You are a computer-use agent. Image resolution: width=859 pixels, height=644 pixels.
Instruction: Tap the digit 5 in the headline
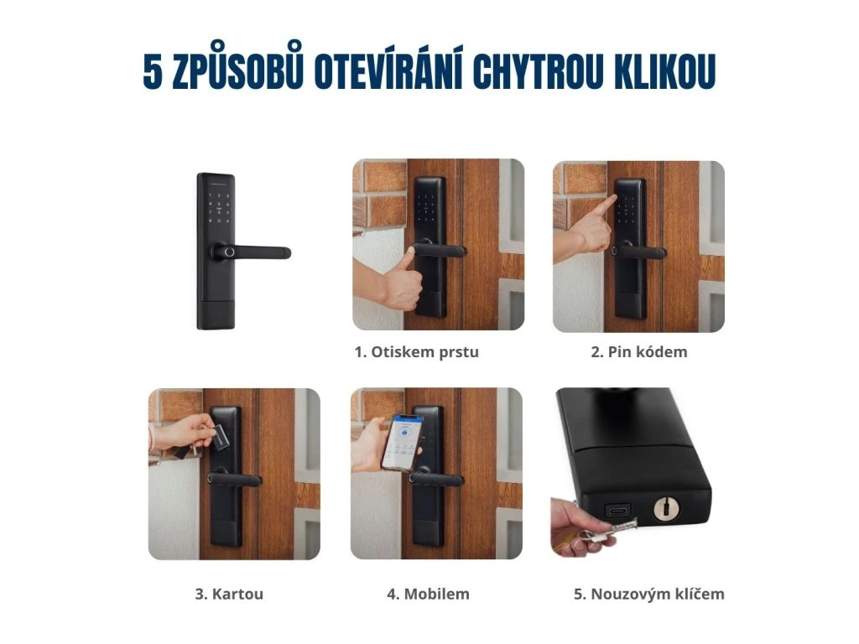point(153,72)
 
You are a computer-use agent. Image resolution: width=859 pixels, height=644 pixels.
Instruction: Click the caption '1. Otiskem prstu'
point(416,351)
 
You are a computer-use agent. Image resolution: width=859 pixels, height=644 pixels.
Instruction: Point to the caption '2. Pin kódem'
point(638,351)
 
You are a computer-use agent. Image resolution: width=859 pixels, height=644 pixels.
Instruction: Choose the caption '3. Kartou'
point(229,594)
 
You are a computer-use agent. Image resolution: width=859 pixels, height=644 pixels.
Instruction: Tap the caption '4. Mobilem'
point(428,594)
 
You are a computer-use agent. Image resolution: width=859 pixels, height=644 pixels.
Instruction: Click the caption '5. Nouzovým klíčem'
point(649,594)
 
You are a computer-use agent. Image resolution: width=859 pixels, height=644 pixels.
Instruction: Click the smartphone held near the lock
point(402,443)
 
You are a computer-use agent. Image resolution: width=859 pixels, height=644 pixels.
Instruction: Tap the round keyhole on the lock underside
point(666,509)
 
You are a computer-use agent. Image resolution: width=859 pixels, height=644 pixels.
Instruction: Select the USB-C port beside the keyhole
point(617,512)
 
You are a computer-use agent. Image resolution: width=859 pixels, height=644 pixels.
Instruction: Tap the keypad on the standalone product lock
point(219,208)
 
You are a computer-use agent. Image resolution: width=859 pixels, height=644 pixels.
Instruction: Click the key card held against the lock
point(220,436)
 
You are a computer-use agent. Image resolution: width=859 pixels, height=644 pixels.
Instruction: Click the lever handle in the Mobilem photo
point(437,479)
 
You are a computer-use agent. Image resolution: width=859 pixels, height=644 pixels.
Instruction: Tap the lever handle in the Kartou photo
point(235,480)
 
